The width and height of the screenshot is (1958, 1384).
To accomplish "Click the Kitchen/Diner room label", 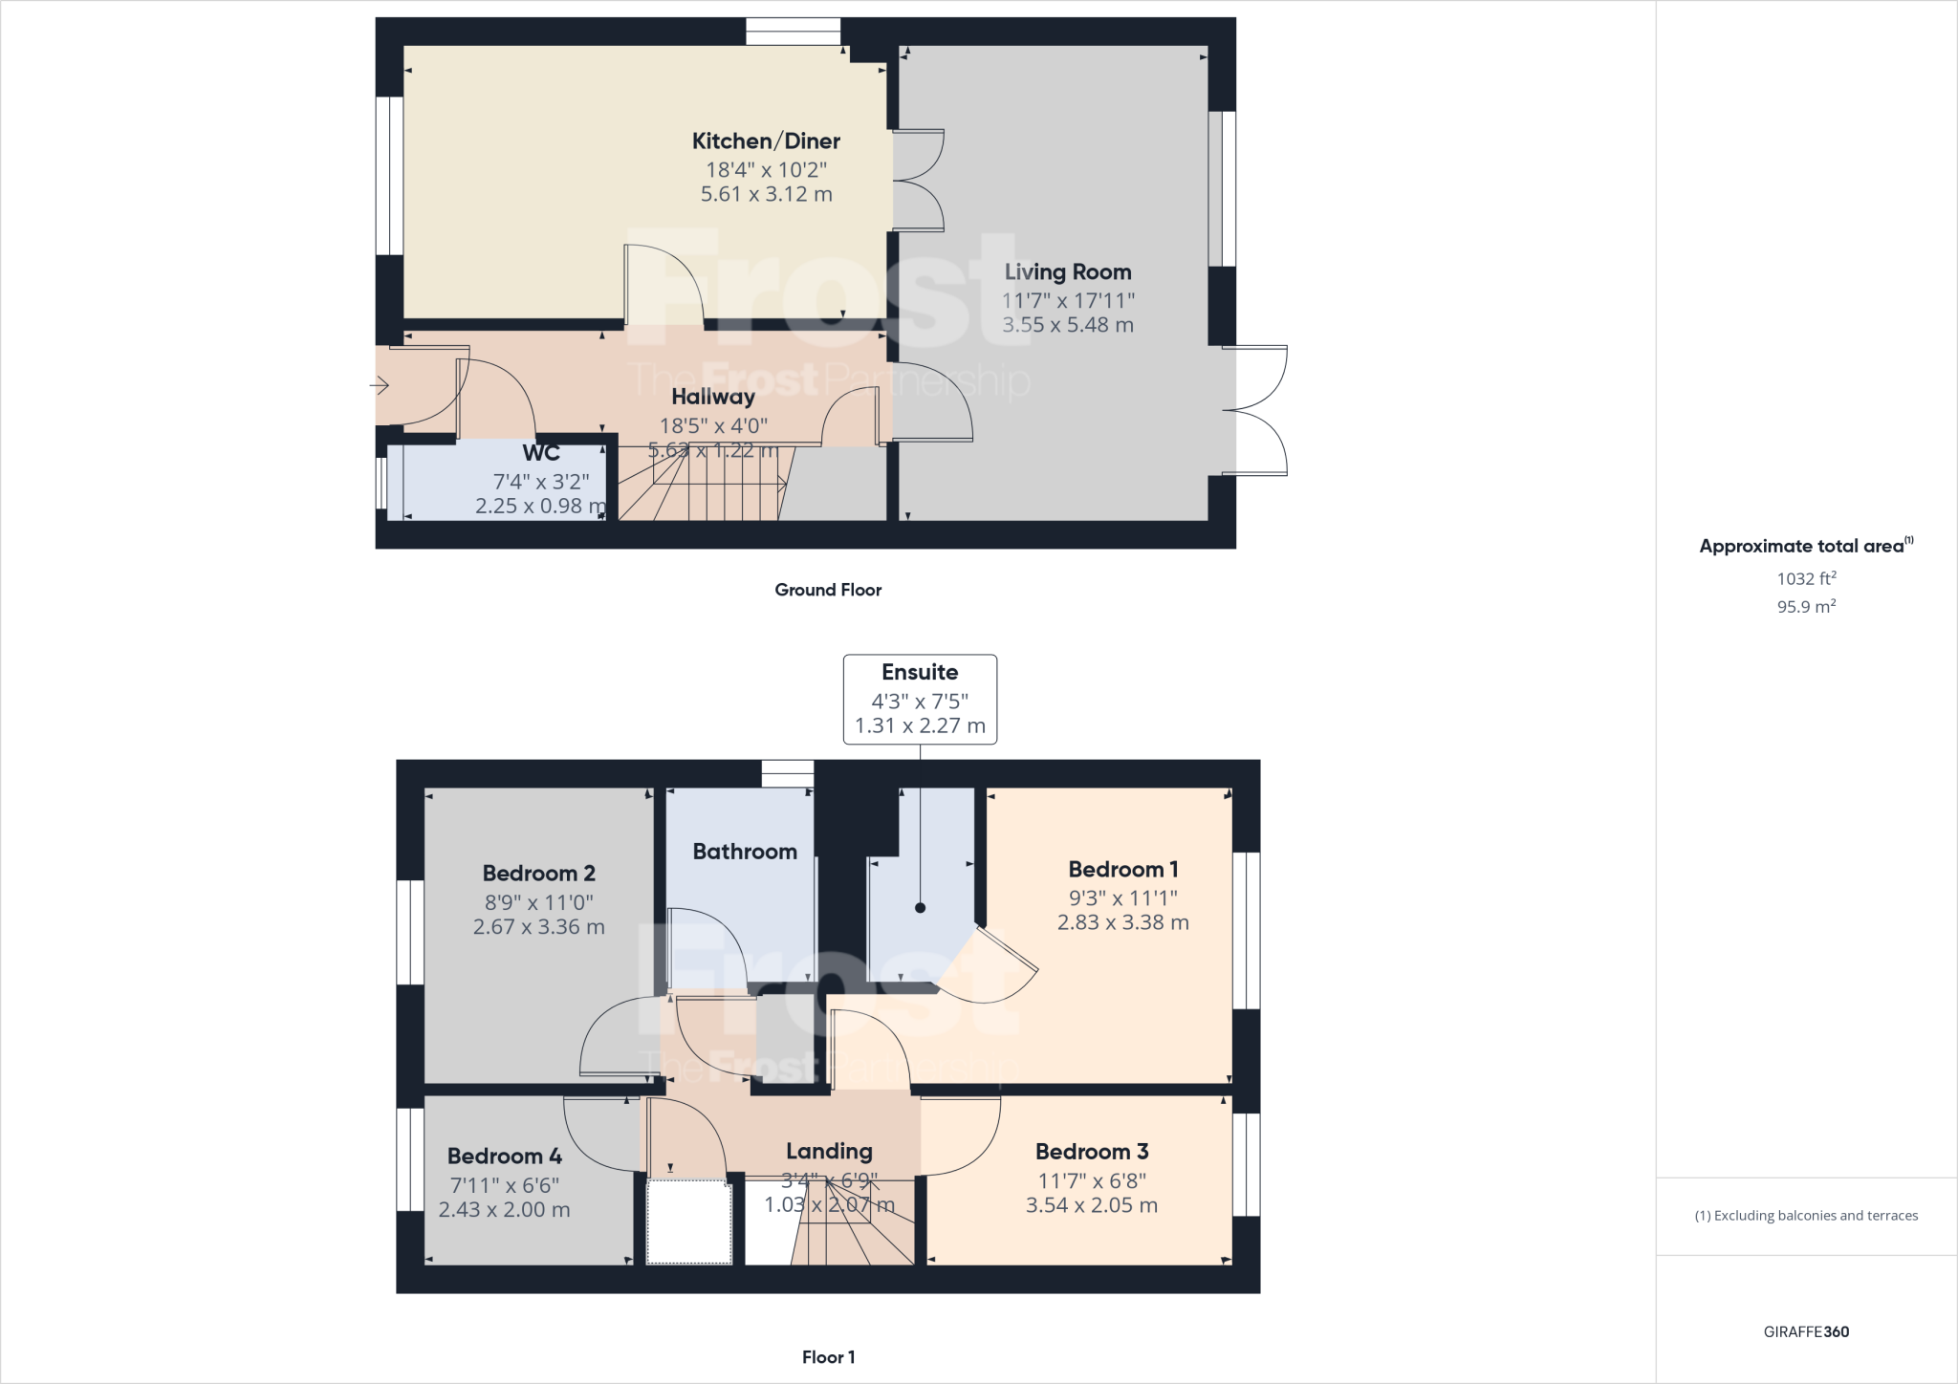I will (766, 141).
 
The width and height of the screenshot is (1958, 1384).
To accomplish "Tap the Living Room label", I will (1068, 272).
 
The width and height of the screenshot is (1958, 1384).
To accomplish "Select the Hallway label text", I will (713, 397).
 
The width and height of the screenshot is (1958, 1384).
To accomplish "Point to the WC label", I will (541, 453).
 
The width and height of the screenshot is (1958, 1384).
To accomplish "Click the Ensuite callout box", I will (920, 699).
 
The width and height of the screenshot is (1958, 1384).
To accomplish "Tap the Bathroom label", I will (745, 852).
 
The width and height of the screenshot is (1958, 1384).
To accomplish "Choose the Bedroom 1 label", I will (1123, 870).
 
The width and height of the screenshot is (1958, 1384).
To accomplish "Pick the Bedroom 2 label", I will (539, 874).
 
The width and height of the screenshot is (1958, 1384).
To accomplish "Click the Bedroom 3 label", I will (1092, 1152).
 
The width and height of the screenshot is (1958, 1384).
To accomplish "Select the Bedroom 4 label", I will (505, 1157).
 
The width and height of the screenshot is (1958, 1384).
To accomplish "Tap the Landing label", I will (829, 1152).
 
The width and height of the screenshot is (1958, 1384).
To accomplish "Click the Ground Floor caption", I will (828, 590).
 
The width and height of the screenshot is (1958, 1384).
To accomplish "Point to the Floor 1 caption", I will (828, 1357).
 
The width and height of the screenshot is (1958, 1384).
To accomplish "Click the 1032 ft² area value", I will (1806, 578).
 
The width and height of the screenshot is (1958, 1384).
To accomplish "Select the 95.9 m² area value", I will (1806, 607).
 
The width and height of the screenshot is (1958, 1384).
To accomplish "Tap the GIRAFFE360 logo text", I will (1806, 1331).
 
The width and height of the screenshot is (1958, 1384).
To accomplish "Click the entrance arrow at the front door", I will (380, 386).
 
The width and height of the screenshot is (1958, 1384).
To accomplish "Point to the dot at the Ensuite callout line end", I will (920, 908).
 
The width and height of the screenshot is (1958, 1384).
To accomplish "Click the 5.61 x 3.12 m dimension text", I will (766, 195).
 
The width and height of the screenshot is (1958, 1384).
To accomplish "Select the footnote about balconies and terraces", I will (1806, 1216).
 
